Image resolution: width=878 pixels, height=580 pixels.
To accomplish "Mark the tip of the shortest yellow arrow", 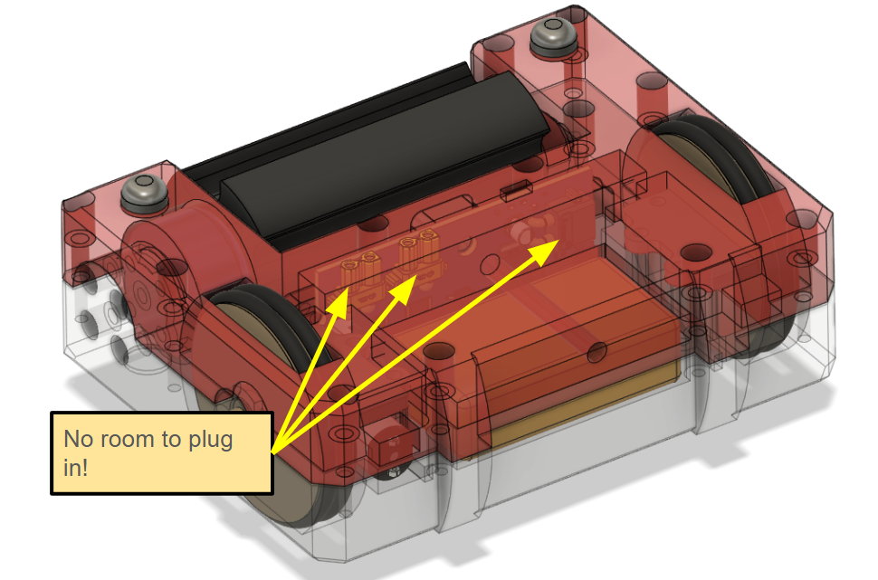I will (x=347, y=291).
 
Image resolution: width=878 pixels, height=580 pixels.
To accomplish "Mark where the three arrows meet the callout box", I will (x=272, y=448).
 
